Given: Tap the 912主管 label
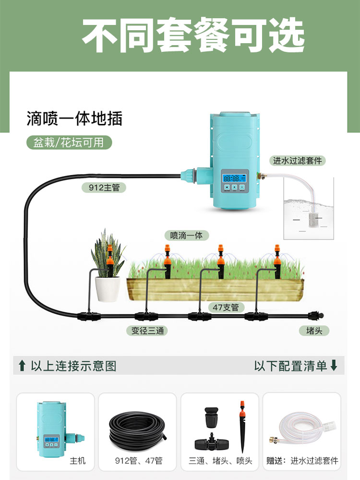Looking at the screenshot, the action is click(x=100, y=188).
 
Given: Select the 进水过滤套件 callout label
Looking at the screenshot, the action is click(x=297, y=161).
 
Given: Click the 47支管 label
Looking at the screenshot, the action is click(x=226, y=307).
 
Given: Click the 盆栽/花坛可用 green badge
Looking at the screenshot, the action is click(x=69, y=143).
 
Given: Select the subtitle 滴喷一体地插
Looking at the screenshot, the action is click(x=74, y=118).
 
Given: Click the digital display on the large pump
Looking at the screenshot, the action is click(x=233, y=179).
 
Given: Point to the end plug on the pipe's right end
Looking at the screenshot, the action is click(x=315, y=316).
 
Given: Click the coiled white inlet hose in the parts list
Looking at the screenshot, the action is click(x=302, y=429).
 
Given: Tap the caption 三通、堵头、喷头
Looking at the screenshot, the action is click(x=220, y=461).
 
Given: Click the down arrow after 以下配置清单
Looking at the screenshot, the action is click(x=334, y=366).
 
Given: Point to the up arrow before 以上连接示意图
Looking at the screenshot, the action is click(x=22, y=366).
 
